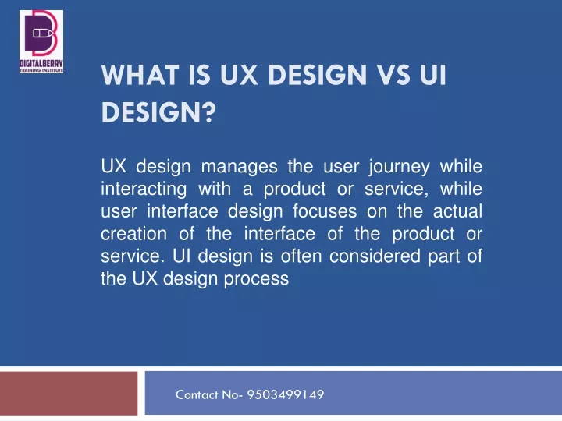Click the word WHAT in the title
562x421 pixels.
(x=140, y=75)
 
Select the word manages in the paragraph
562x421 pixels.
(x=239, y=167)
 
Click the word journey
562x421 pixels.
(x=400, y=168)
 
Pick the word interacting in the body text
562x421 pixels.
(x=144, y=189)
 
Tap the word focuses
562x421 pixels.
(x=325, y=211)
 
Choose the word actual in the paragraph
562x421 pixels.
(x=457, y=211)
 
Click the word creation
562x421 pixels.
(x=133, y=234)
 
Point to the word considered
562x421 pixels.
(x=375, y=256)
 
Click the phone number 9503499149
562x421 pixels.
(x=286, y=394)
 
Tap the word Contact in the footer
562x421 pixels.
(x=197, y=394)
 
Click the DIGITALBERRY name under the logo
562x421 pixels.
(x=41, y=64)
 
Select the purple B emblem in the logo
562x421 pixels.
(x=41, y=33)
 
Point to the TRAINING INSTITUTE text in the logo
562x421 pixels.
(x=41, y=70)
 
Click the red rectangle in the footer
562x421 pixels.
(x=69, y=394)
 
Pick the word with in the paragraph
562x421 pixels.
(x=215, y=189)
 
